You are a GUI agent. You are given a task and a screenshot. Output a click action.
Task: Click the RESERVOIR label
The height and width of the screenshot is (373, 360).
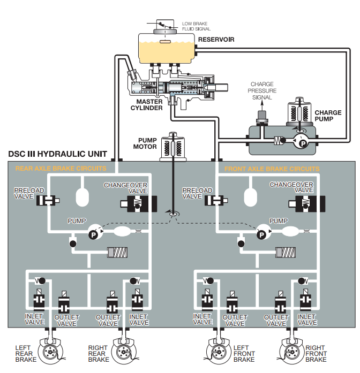pos(216,40)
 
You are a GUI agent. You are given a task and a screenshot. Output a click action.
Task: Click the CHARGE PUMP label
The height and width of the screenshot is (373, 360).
pos(328,116)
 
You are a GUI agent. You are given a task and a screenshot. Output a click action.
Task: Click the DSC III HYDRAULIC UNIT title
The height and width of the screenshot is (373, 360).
pos(57,155)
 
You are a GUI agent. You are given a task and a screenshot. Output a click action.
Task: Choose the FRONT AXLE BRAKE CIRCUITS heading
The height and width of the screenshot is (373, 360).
pos(272,169)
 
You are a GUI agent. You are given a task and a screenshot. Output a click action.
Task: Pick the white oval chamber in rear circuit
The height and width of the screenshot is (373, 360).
pos(82,197)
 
